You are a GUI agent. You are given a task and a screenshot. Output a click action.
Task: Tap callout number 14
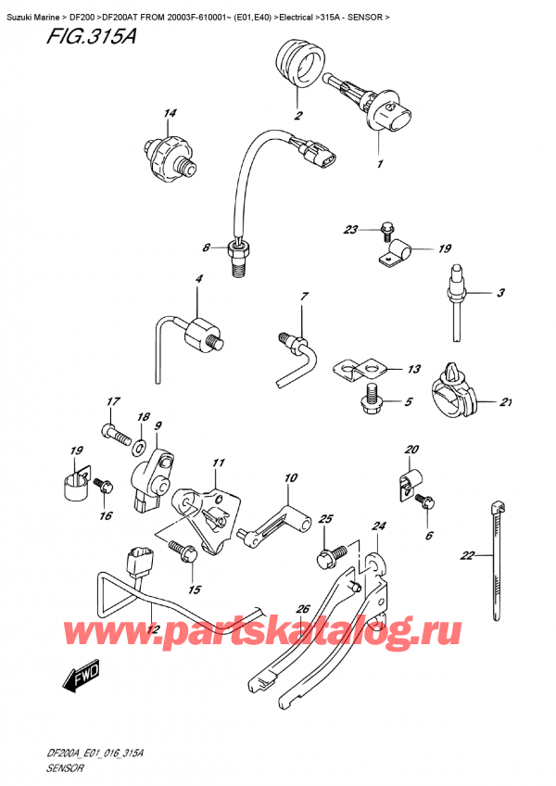click(x=169, y=114)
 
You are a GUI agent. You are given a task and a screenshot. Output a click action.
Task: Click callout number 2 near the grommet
click(x=299, y=117)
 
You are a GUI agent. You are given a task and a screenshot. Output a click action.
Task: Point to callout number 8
click(x=208, y=247)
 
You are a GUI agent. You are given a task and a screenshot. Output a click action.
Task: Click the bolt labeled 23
click(x=385, y=231)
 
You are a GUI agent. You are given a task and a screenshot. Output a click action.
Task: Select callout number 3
click(x=499, y=294)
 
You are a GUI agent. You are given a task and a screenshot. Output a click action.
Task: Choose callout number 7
click(x=302, y=297)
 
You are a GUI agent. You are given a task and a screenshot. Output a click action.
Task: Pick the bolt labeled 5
click(x=373, y=399)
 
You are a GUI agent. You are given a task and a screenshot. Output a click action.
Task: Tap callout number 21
click(x=506, y=401)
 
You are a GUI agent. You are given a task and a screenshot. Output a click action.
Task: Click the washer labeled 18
click(x=138, y=448)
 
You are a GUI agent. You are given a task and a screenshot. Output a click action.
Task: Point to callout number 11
click(x=219, y=463)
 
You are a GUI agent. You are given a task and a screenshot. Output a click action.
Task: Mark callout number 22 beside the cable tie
click(x=467, y=556)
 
